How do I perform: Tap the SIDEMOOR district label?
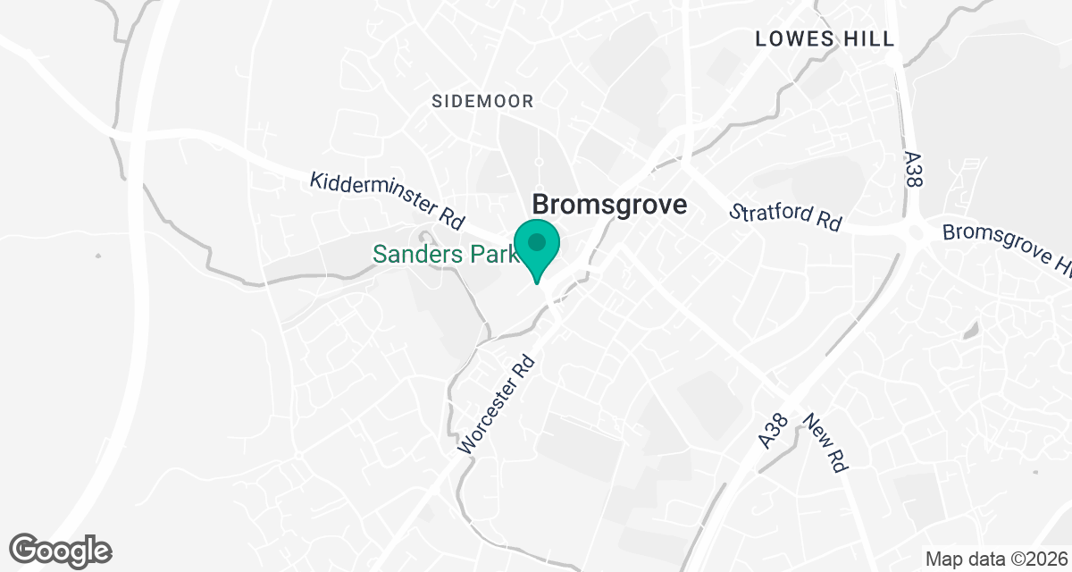click(x=482, y=101)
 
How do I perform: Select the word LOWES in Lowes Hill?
click(x=793, y=38)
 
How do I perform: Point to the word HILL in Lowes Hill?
click(x=865, y=38)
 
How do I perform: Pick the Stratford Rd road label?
click(x=785, y=217)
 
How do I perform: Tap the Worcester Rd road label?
click(x=497, y=404)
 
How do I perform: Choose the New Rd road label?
click(x=824, y=443)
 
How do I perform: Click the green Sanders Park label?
click(x=445, y=255)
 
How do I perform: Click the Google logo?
click(x=61, y=550)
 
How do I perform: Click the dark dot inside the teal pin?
click(x=537, y=242)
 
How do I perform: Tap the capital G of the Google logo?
click(x=26, y=549)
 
